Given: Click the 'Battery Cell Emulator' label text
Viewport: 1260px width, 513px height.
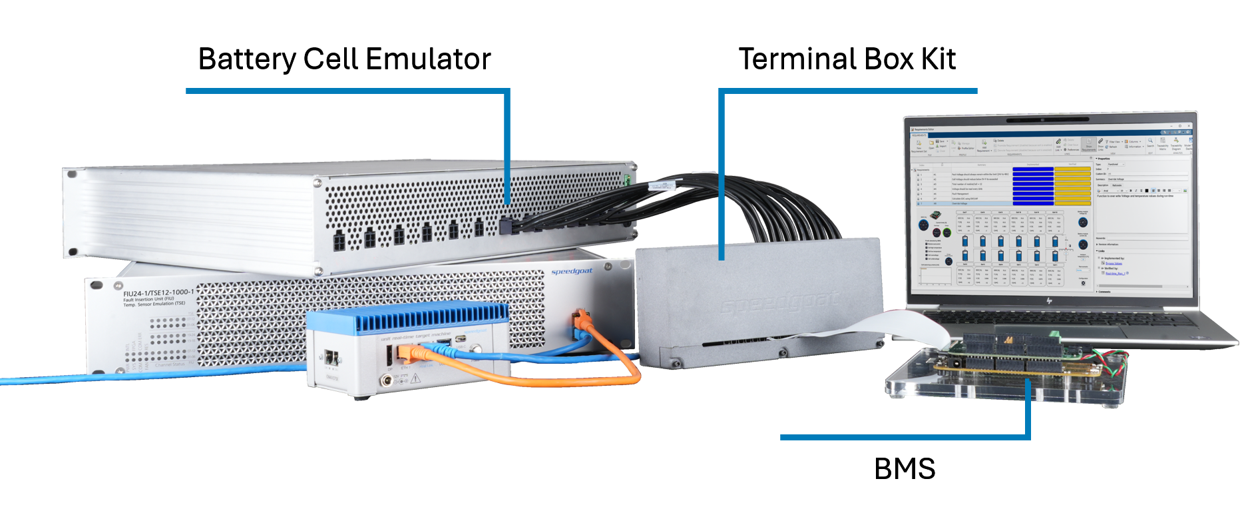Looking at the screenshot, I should click(344, 59).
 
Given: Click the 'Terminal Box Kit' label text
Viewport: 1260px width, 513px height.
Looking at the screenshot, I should click(847, 59).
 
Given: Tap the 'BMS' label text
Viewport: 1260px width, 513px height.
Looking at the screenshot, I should click(904, 469).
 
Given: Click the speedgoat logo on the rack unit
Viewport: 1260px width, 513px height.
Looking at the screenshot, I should click(571, 271).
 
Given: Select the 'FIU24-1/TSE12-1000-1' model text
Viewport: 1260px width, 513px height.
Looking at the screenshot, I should click(158, 292).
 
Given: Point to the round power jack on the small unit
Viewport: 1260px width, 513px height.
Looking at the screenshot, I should click(385, 381).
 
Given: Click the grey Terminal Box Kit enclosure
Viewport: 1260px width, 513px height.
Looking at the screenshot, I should click(759, 293).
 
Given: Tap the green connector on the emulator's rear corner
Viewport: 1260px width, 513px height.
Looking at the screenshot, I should click(626, 179).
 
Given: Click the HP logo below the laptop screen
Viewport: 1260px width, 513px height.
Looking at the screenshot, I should click(1048, 301).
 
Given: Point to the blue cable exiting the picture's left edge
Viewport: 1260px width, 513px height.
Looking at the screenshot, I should click(40, 380).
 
